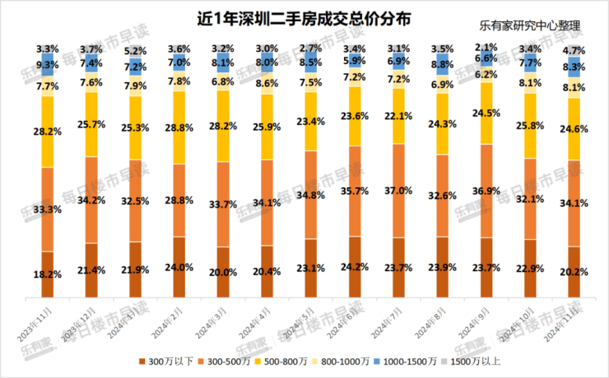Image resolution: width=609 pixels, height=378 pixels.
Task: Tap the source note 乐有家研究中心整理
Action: point(528,25)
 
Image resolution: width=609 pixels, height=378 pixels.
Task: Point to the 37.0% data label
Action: point(399,191)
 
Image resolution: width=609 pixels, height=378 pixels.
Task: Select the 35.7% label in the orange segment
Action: point(355,191)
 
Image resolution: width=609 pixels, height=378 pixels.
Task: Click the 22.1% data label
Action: point(399,115)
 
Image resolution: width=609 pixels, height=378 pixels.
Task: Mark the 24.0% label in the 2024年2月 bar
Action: point(179,267)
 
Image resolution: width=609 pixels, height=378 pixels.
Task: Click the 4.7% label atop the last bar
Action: point(574,50)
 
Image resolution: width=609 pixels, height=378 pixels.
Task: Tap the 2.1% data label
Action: point(486,47)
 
